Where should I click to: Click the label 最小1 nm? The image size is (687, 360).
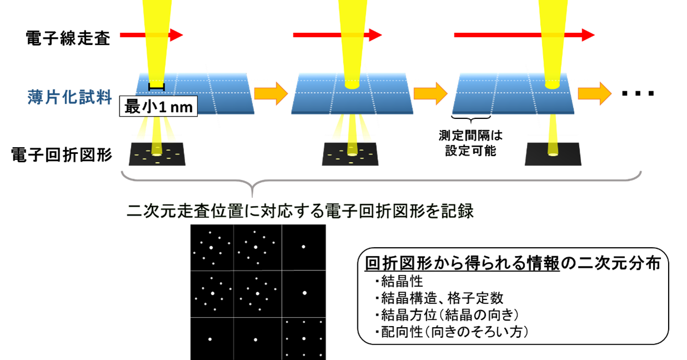[158, 107]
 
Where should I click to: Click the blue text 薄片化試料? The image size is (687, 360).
[69, 97]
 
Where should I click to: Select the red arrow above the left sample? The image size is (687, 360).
[151, 35]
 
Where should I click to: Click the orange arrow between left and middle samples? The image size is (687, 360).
[271, 93]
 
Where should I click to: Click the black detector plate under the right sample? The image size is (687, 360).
[553, 154]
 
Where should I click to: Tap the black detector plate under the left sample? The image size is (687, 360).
[157, 154]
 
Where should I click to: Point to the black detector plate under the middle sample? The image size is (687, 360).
[350, 154]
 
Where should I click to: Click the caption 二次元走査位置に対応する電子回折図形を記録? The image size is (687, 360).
[300, 212]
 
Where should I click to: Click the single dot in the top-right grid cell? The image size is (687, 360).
[303, 247]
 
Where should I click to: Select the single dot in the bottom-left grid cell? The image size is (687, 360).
[210, 339]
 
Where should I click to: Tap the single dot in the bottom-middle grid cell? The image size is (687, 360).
[256, 339]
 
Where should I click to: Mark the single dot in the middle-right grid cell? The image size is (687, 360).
[305, 293]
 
